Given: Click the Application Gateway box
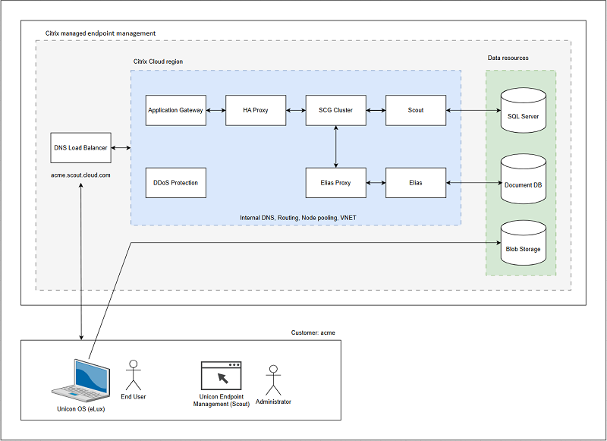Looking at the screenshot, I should (x=175, y=110).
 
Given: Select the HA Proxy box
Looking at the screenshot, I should (x=256, y=110).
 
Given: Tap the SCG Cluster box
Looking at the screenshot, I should (x=335, y=110).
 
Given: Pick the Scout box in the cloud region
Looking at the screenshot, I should (x=415, y=110).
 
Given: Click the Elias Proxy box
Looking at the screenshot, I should (x=335, y=183).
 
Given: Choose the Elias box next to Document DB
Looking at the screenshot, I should (x=415, y=183).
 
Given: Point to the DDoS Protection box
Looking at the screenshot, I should (x=175, y=183).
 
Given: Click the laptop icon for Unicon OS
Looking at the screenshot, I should (x=80, y=377).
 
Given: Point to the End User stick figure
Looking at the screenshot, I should (x=134, y=373).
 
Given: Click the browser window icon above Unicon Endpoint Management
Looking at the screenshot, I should (x=221, y=375).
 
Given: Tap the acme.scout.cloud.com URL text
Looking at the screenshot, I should (x=80, y=175).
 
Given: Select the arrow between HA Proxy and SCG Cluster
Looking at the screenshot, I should (x=296, y=111).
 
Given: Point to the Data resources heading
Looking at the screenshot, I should (x=508, y=58).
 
